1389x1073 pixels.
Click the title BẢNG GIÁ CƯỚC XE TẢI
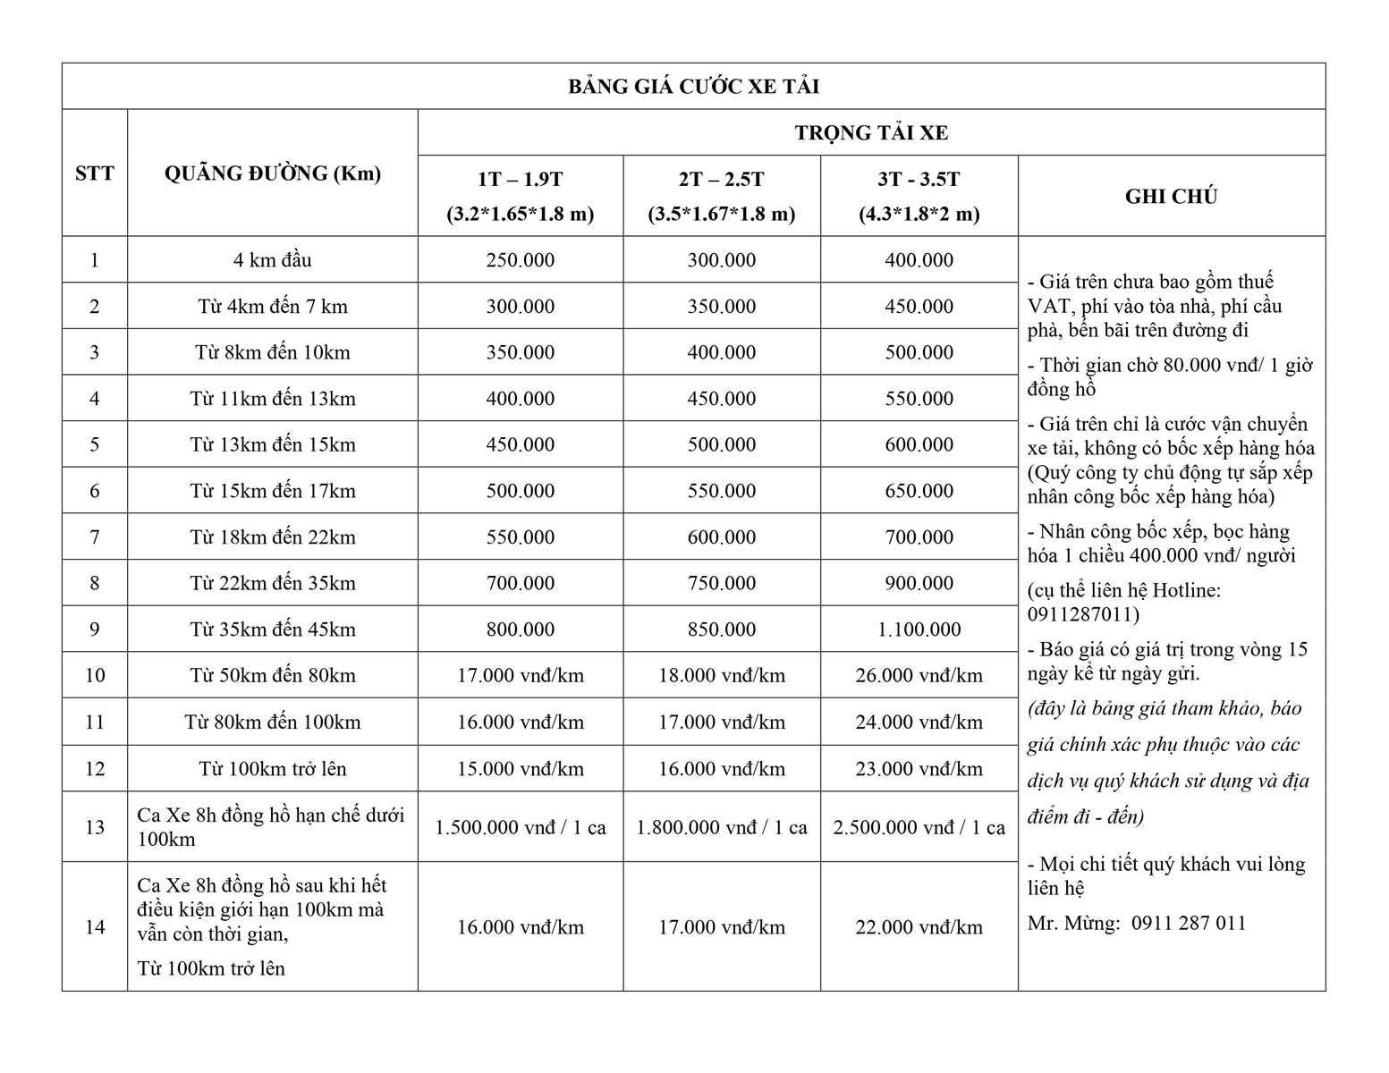click(x=693, y=87)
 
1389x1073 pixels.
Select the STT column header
click(x=95, y=173)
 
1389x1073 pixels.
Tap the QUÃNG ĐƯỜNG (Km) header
click(x=272, y=173)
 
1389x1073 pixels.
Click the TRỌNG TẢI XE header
click(x=871, y=133)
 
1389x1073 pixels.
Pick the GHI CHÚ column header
click(x=1171, y=197)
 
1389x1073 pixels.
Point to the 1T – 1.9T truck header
click(x=520, y=180)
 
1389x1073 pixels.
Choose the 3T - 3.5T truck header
click(x=919, y=180)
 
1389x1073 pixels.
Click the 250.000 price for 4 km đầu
click(x=520, y=260)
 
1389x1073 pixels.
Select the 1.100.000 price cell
click(x=919, y=629)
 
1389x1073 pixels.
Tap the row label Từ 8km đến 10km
click(x=272, y=352)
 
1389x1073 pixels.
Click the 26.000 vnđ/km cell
click(x=919, y=676)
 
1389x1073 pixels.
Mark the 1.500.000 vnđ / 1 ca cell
click(x=520, y=827)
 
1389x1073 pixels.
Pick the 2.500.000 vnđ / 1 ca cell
click(x=919, y=827)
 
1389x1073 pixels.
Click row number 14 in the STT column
click(x=95, y=927)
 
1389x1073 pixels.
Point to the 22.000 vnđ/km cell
click(x=919, y=927)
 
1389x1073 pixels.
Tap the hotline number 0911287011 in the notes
click(x=1083, y=614)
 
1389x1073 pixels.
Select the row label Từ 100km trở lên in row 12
click(x=272, y=769)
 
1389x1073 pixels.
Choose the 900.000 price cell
click(x=919, y=583)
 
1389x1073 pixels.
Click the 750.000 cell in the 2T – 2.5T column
click(x=721, y=583)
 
